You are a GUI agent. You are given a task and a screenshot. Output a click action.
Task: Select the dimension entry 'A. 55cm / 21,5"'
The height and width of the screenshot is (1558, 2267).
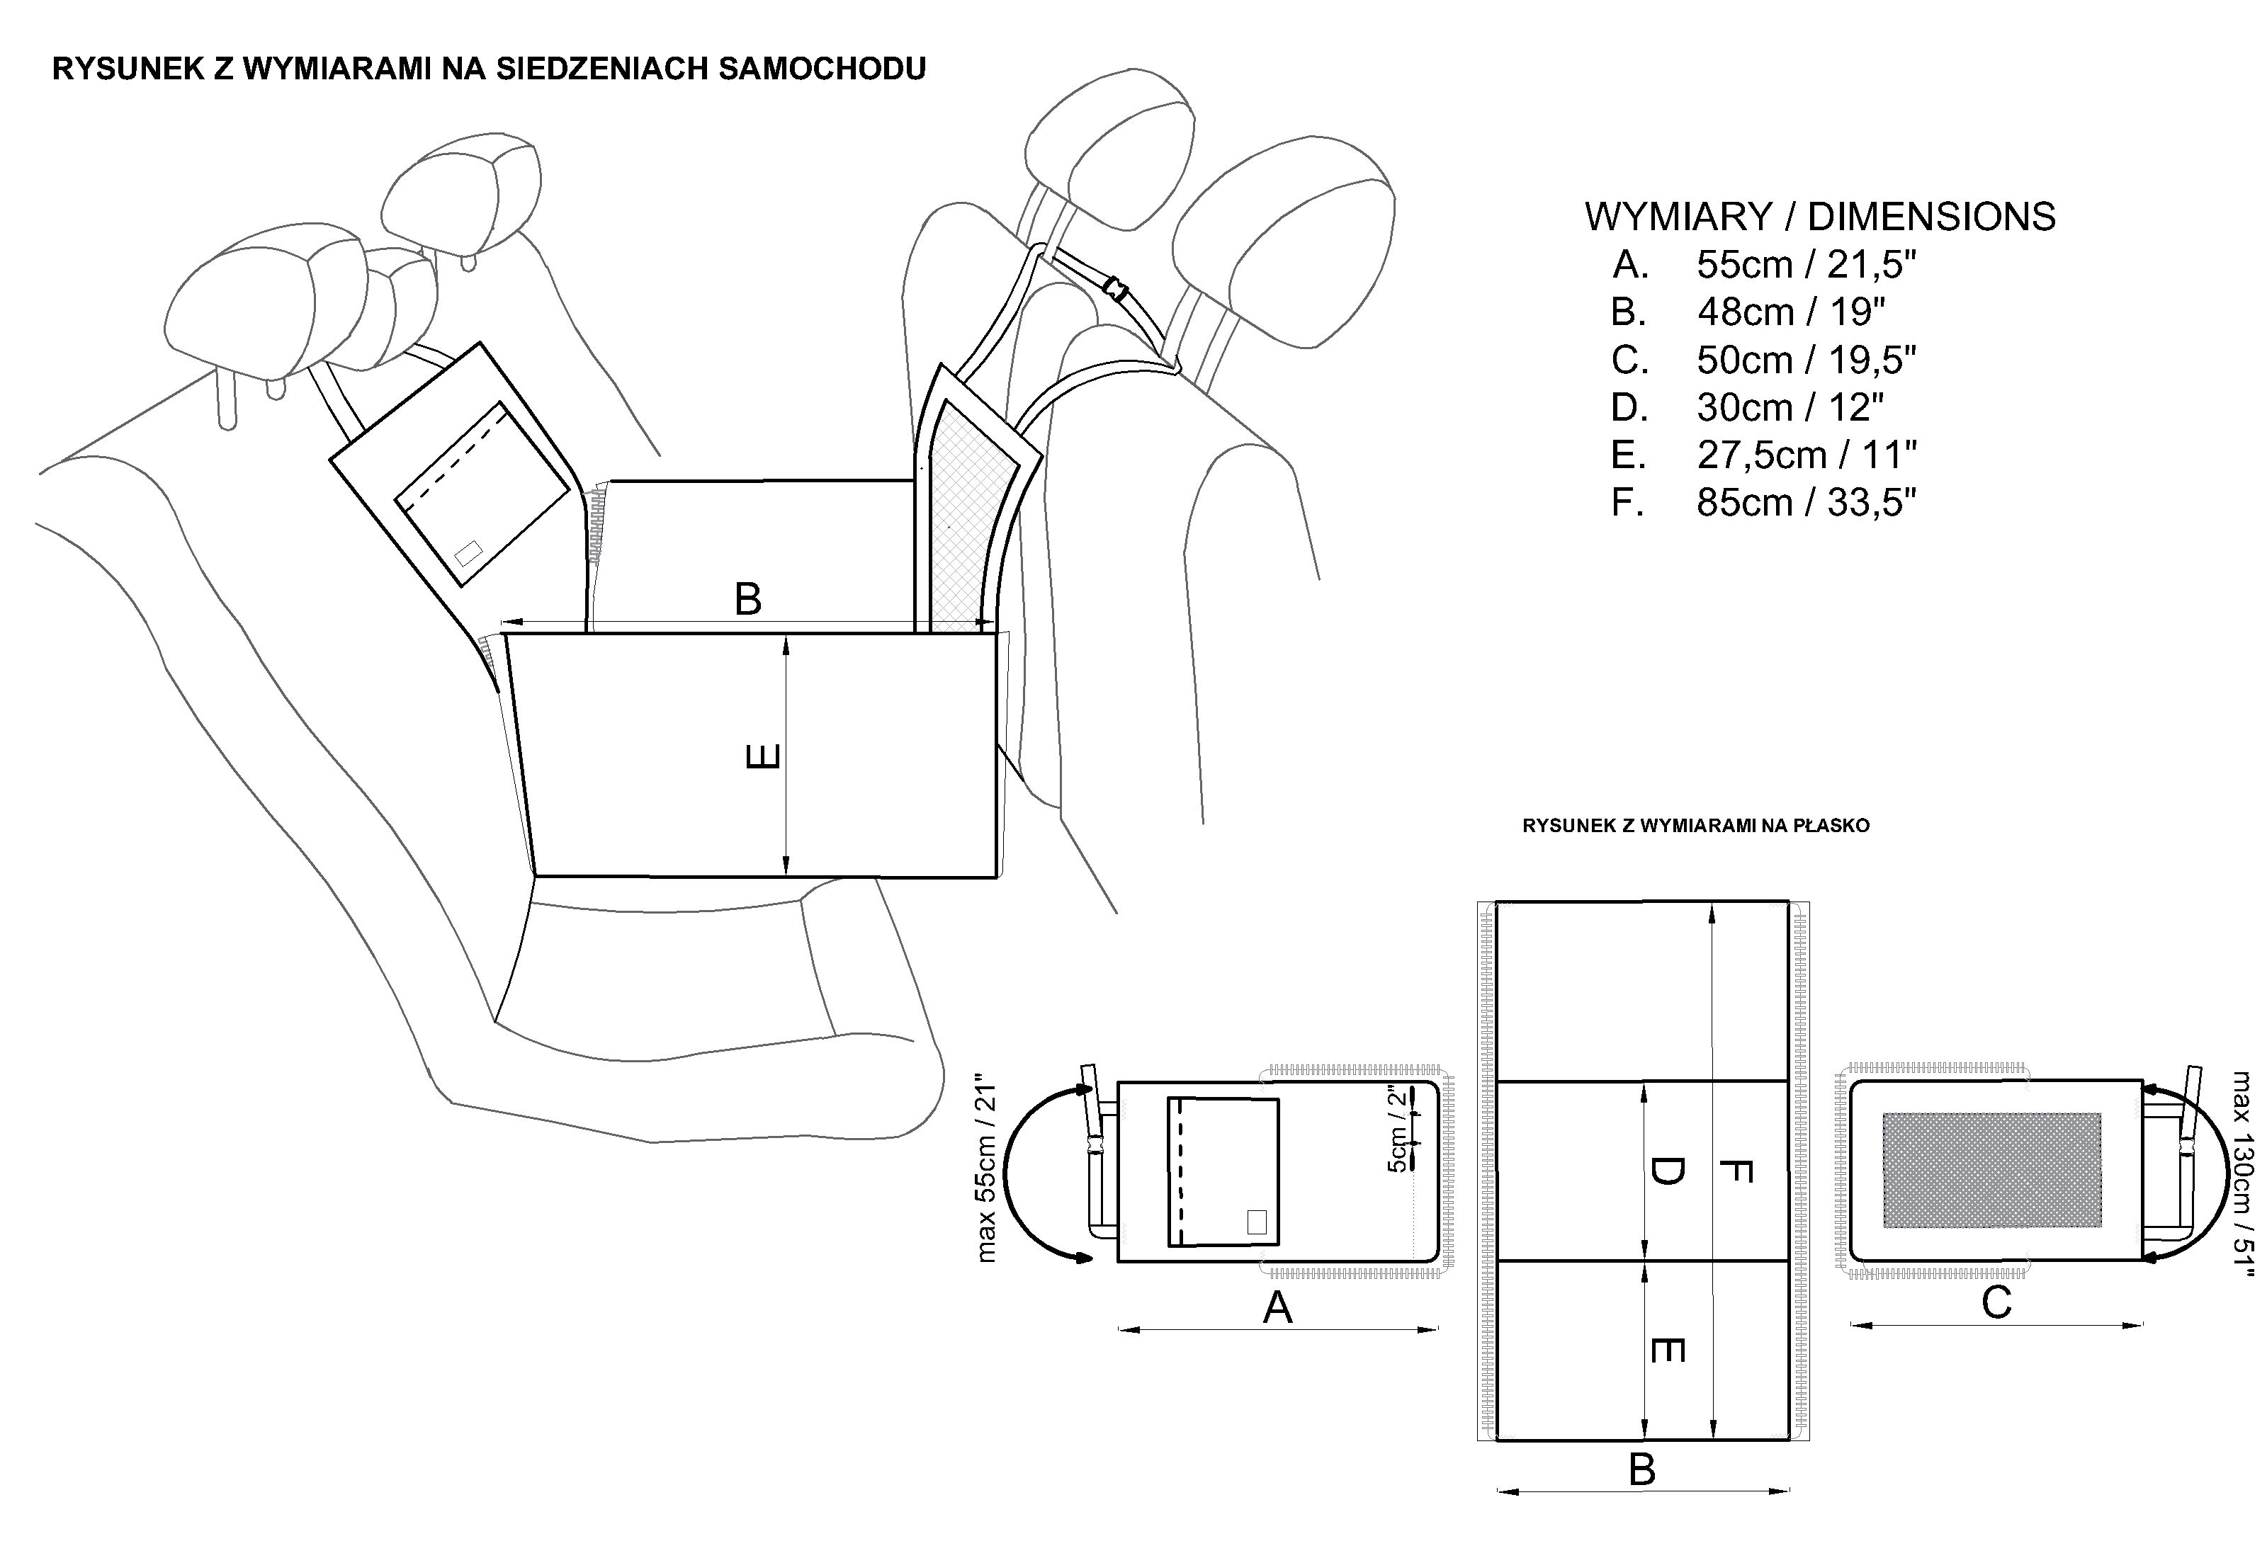1763,265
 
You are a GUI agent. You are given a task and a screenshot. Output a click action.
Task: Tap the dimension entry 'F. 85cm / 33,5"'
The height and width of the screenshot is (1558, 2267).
1763,503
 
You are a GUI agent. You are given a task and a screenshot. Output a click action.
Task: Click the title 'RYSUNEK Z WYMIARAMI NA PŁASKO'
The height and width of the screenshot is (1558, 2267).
1696,826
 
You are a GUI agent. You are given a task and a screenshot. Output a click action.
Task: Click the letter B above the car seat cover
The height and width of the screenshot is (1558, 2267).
748,599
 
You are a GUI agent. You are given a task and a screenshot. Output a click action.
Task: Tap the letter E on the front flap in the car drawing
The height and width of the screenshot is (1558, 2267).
764,756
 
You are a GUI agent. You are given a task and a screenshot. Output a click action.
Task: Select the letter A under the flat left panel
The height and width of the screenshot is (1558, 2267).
1277,1308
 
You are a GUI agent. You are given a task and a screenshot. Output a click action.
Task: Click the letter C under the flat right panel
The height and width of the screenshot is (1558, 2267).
1996,1303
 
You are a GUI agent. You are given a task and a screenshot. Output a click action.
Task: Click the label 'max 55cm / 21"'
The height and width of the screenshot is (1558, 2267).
988,1171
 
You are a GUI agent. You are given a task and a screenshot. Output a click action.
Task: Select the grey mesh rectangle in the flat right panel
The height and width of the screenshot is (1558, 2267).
1991,1169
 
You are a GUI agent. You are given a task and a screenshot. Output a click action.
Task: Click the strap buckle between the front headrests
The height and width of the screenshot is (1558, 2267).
1115,288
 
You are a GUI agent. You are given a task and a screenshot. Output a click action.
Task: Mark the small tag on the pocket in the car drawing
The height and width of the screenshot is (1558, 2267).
468,552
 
